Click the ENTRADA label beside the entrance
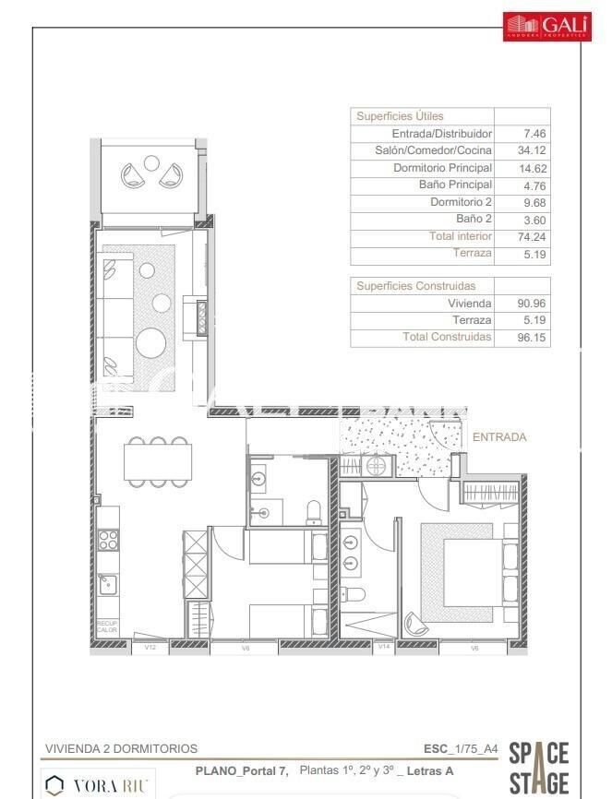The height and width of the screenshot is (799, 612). click(x=499, y=436)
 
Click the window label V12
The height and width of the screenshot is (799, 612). click(x=150, y=648)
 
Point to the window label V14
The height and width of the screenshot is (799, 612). click(x=384, y=648)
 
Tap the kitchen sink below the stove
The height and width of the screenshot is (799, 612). click(x=108, y=582)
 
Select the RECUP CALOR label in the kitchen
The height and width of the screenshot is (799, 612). click(x=107, y=626)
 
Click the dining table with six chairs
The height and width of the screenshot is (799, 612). click(x=160, y=460)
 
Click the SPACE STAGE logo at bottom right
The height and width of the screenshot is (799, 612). click(x=539, y=768)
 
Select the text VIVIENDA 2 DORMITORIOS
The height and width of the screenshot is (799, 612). click(x=121, y=749)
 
